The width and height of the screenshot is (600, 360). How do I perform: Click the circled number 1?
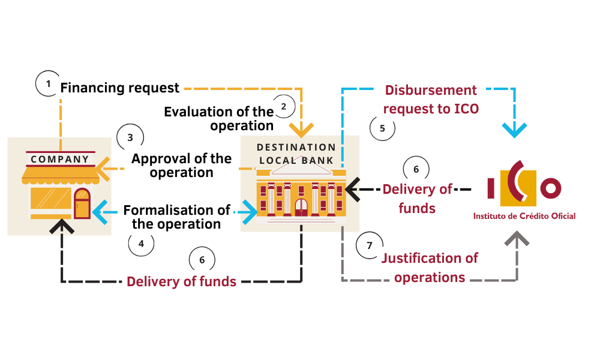[x=49, y=84]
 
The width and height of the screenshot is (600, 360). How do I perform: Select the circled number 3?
[x=130, y=136]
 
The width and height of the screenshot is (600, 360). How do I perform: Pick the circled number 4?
[x=141, y=244]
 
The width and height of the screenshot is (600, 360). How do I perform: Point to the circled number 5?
[x=382, y=127]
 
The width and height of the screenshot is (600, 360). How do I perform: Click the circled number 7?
[x=369, y=245]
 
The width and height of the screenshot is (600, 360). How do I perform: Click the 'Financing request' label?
[x=120, y=88]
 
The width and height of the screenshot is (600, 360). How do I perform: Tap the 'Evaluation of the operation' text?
[x=220, y=118]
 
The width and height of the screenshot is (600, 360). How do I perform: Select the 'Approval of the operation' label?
[x=181, y=165]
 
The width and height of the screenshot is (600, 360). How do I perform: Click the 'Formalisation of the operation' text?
[x=176, y=217]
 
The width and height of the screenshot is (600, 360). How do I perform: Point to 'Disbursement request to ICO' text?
[x=431, y=100]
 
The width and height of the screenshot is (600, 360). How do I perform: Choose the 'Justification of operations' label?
[x=430, y=268]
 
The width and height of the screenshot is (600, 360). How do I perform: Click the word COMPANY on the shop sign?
[x=60, y=159]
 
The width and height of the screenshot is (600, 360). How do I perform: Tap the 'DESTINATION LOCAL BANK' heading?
[x=296, y=154]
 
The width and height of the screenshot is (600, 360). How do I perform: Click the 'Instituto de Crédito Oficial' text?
[x=524, y=216]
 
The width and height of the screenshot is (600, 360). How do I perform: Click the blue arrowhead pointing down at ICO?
[x=514, y=130]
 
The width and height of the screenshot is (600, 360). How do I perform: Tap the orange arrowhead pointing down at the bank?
[x=301, y=129]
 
